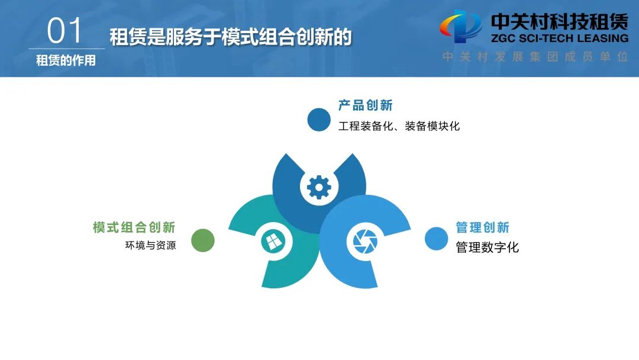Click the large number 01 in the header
(65, 31)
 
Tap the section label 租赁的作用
(66, 60)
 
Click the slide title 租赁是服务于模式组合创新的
(231, 37)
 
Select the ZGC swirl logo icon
(460, 27)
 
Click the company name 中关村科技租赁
(560, 21)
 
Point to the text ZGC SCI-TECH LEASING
(560, 38)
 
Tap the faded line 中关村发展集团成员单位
(535, 57)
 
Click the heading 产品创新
(365, 105)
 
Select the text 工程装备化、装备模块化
(399, 126)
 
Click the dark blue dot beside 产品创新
(319, 120)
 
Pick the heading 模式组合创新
(134, 227)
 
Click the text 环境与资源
(150, 245)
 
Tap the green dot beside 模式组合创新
(203, 240)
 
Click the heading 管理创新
(483, 227)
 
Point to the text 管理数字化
(487, 247)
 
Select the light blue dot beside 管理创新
(436, 239)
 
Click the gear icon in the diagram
(319, 188)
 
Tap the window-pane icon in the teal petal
(274, 242)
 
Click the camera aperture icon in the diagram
(365, 242)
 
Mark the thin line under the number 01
(66, 49)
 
